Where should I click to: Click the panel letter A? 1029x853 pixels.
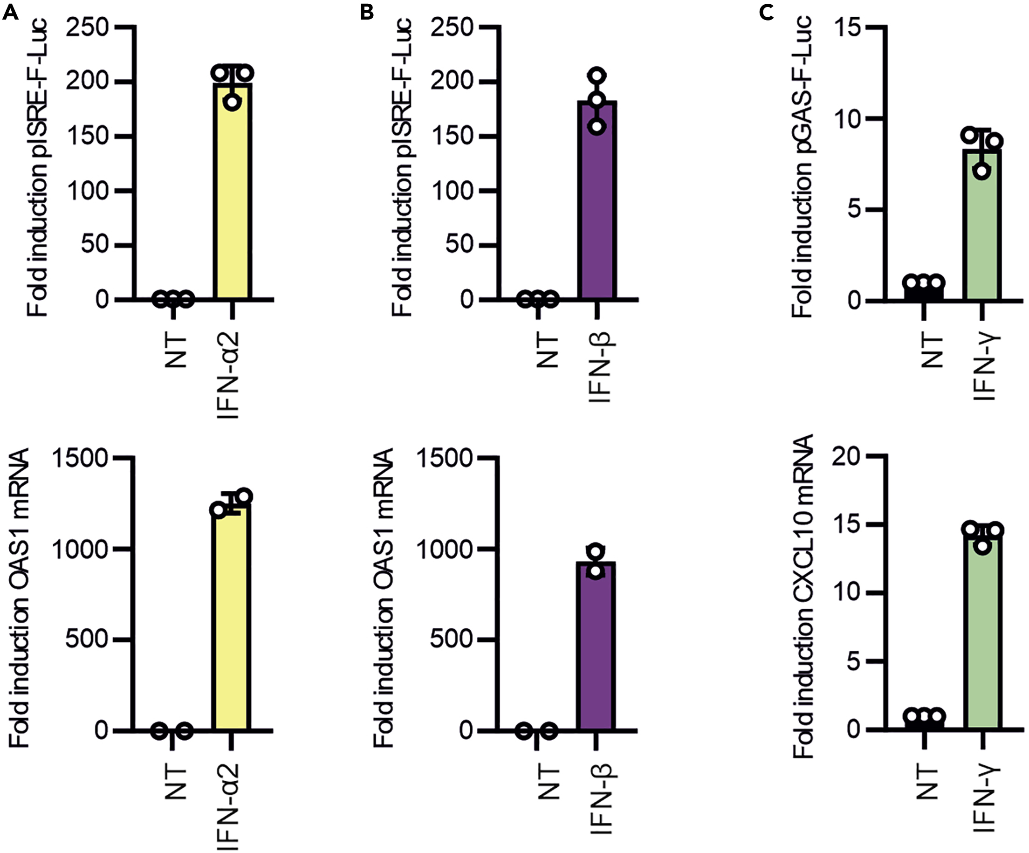(10, 12)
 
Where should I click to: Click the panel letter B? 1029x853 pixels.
(366, 12)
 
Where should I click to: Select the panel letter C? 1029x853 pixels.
(766, 12)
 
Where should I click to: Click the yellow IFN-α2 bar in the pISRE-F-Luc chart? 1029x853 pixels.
(232, 196)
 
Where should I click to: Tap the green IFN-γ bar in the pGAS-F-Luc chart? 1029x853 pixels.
(981, 230)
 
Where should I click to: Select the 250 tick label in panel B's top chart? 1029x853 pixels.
(451, 28)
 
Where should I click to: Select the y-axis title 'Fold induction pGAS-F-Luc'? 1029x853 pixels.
(802, 167)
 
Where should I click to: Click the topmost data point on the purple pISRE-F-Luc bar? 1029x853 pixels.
(597, 76)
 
